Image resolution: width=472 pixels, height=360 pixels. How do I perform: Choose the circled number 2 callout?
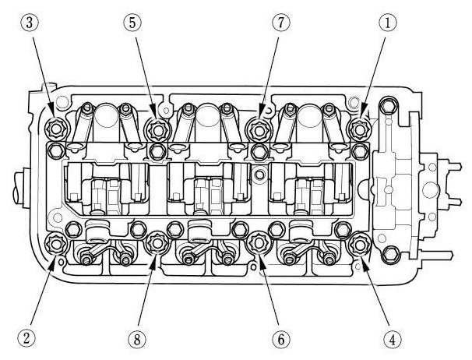(x=26, y=337)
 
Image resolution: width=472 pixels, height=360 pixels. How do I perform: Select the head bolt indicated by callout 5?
(x=156, y=127)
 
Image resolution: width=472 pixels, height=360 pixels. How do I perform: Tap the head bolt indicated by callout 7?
(x=257, y=127)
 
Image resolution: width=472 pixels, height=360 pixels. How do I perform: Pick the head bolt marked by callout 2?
(x=56, y=244)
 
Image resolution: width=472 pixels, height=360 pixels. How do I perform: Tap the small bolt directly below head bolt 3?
(x=56, y=147)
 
